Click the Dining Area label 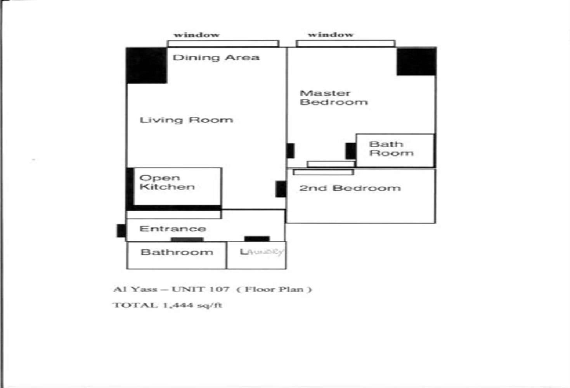[216, 58]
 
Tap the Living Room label [186, 120]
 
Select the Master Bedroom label [334, 98]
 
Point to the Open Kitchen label [167, 182]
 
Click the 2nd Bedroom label [350, 188]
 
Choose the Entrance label [173, 229]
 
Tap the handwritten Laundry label [262, 252]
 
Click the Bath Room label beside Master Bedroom [391, 149]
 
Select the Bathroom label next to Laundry [177, 252]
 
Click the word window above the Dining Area [197, 35]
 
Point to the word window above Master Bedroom [331, 34]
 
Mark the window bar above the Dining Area [223, 43]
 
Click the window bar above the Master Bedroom [345, 43]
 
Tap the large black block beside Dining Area [147, 65]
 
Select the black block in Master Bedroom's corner [416, 61]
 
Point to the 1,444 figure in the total [178, 305]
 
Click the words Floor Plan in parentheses [274, 289]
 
